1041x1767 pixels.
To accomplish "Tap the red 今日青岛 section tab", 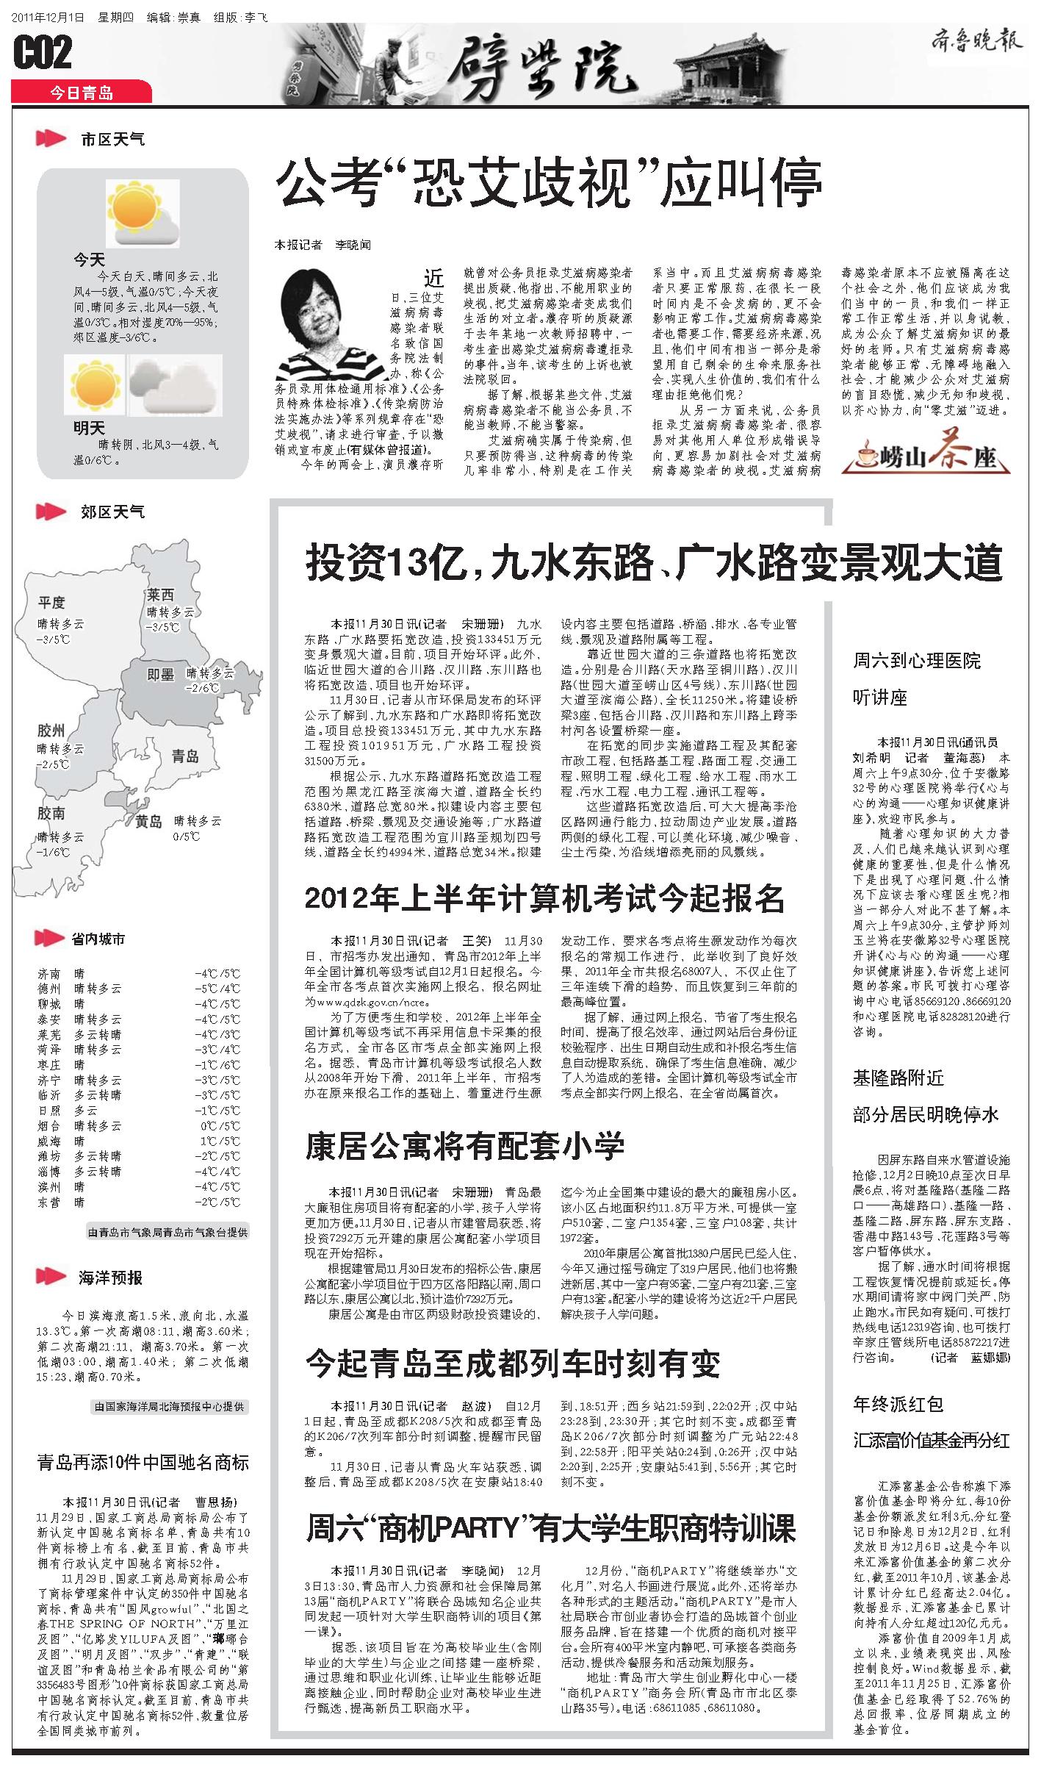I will point(82,93).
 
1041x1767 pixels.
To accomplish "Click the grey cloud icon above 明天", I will point(175,384).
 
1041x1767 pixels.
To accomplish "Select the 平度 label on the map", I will point(51,603).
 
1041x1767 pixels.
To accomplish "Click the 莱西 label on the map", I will point(160,594).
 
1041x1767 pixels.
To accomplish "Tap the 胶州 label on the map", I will point(51,730).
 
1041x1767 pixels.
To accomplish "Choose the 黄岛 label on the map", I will point(148,822).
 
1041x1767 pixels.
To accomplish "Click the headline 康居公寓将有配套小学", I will point(464,1145).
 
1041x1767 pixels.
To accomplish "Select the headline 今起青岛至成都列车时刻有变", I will point(512,1363).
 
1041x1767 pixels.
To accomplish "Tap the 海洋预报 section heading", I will point(110,1277).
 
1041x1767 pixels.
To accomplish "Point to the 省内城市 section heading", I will point(98,939).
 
